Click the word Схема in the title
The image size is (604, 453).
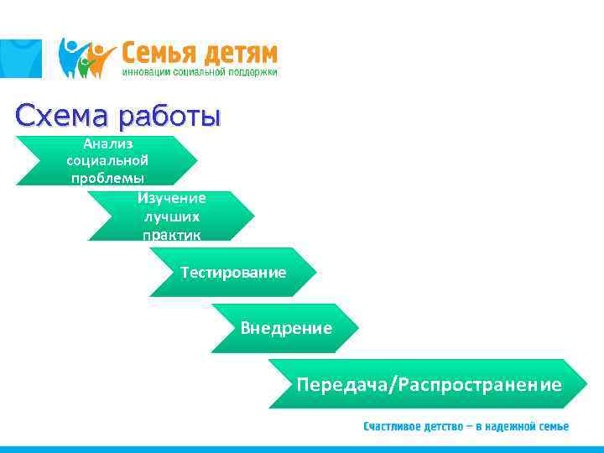click(63, 115)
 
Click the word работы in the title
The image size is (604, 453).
click(170, 116)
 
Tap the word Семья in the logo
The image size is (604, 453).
click(159, 53)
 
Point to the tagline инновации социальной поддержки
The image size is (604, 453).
click(200, 72)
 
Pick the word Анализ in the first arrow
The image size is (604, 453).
click(107, 143)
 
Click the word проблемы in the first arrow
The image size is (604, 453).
click(107, 178)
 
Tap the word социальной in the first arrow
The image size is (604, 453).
click(107, 160)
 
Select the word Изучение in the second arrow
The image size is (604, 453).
click(171, 198)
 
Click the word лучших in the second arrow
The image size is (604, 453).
click(171, 216)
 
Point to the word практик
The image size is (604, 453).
click(171, 234)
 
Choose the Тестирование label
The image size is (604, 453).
click(232, 273)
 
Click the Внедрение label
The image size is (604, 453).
click(286, 328)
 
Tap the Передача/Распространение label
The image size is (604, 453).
click(429, 384)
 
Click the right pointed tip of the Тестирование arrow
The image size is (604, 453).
click(315, 273)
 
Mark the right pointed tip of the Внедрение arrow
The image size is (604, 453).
click(358, 328)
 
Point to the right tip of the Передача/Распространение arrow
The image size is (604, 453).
click(586, 383)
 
